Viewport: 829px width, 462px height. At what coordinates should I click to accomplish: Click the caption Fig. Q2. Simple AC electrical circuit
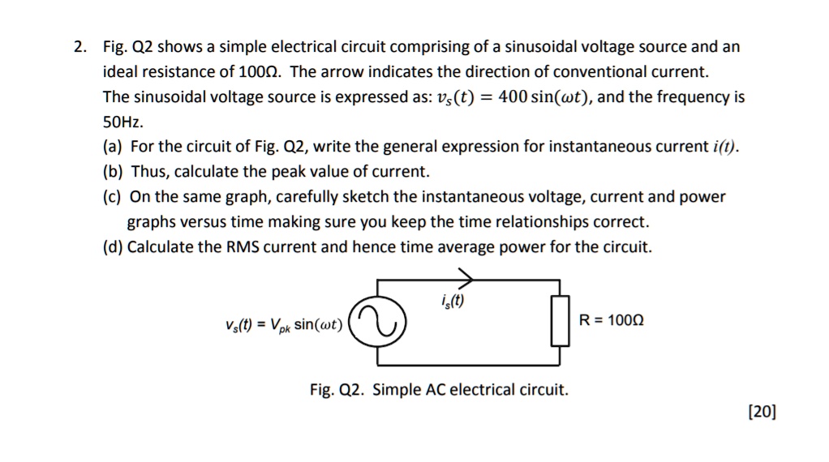439,390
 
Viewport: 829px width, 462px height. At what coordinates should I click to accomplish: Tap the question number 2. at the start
79,47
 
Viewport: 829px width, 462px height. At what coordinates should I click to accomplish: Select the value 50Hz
122,122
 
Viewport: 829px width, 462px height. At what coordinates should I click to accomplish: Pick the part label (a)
113,148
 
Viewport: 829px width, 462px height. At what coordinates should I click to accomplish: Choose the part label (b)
113,173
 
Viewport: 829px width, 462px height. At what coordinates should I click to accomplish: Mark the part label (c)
113,197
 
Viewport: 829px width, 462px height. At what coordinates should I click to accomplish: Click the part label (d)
113,247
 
